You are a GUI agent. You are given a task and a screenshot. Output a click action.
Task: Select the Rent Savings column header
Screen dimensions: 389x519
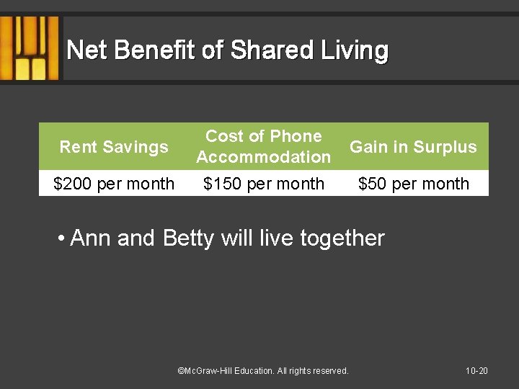coord(114,147)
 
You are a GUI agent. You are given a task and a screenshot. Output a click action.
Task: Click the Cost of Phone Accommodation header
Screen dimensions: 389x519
coord(264,146)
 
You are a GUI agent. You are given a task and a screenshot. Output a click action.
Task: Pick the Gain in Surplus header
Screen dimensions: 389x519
coord(413,147)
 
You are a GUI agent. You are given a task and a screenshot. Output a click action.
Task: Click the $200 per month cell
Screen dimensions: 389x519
coord(114,184)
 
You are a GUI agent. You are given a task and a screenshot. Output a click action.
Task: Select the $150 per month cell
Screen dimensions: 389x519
coord(264,184)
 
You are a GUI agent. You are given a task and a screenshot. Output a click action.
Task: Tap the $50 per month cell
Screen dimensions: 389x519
coord(414,184)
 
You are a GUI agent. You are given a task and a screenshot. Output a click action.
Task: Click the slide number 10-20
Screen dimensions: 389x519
coord(476,371)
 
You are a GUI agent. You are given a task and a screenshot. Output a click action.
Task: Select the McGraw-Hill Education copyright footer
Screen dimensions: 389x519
coord(263,371)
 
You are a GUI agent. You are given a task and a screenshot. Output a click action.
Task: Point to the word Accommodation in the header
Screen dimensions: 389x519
coord(264,157)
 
